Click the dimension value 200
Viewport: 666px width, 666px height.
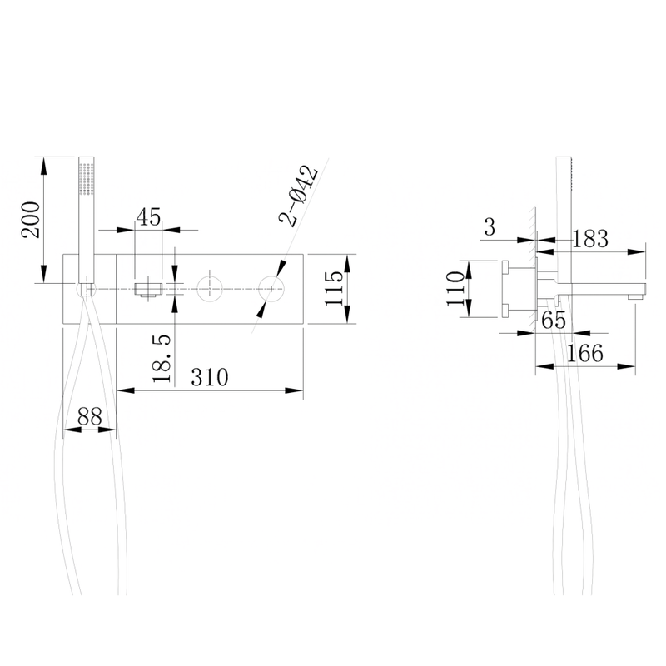pos(32,220)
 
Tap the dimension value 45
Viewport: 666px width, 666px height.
pos(149,216)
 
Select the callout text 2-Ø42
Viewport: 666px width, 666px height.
pos(298,196)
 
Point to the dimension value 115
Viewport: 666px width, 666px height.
pos(334,288)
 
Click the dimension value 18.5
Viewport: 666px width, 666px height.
pos(162,359)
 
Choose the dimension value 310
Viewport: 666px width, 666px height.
pos(210,377)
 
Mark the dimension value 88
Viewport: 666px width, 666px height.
pos(90,417)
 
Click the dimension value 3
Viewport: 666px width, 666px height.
pos(490,227)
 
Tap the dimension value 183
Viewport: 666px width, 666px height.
pos(590,239)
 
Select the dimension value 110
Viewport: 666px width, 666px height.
pos(455,289)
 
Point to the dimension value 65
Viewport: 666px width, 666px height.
pos(554,321)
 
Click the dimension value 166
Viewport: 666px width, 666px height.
pos(585,353)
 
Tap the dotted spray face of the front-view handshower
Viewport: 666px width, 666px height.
pos(87,178)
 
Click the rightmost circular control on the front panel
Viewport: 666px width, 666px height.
pos(271,289)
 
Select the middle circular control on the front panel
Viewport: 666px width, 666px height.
pos(210,289)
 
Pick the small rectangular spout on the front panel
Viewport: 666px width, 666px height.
pos(148,289)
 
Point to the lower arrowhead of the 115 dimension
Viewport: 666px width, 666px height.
pos(347,315)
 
